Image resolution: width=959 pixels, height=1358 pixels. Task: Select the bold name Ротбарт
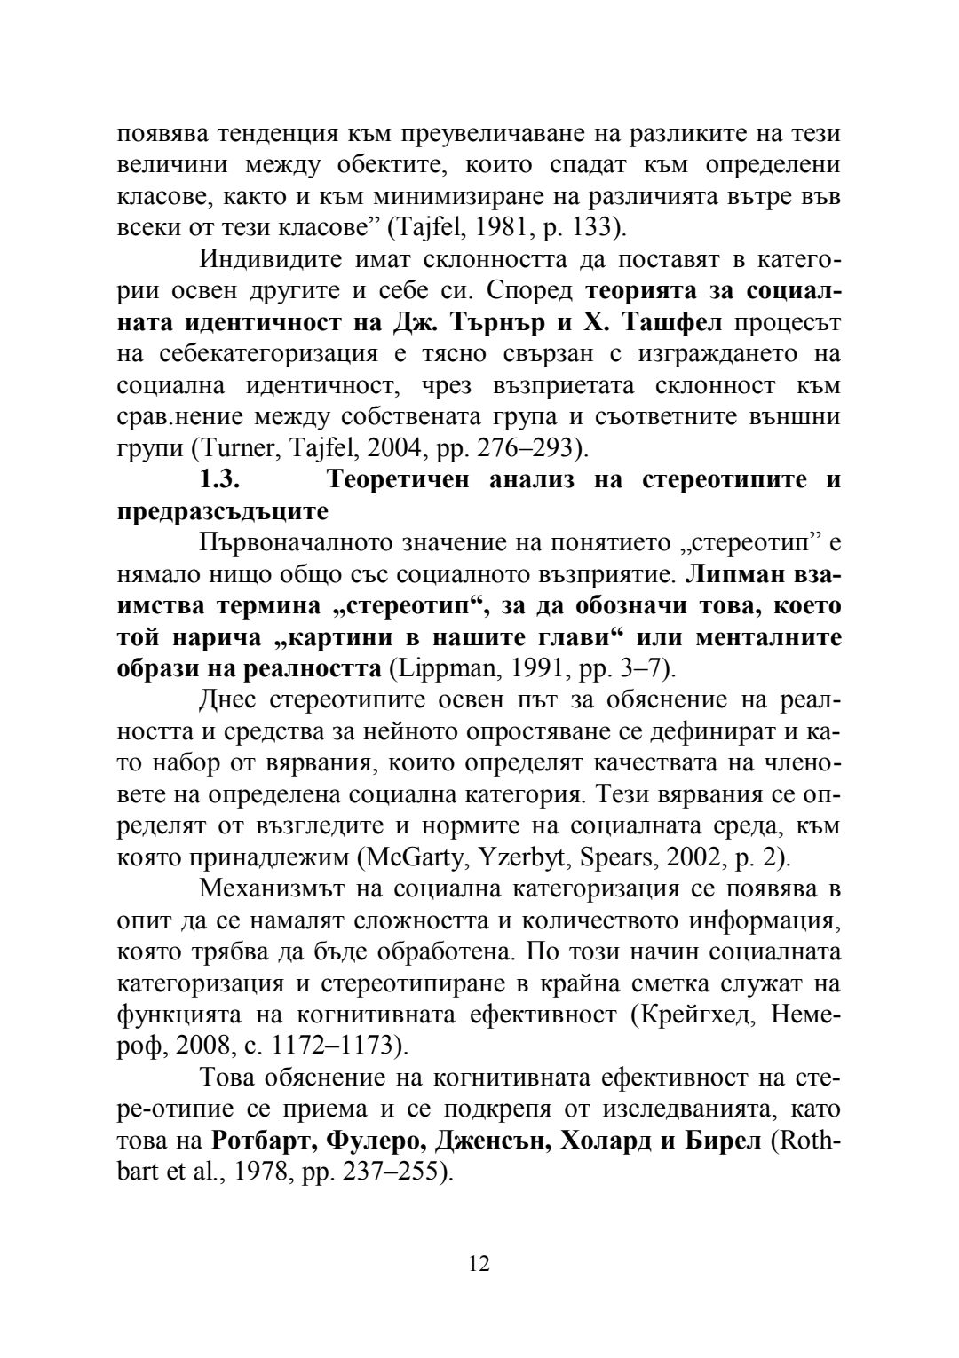coord(266,1141)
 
